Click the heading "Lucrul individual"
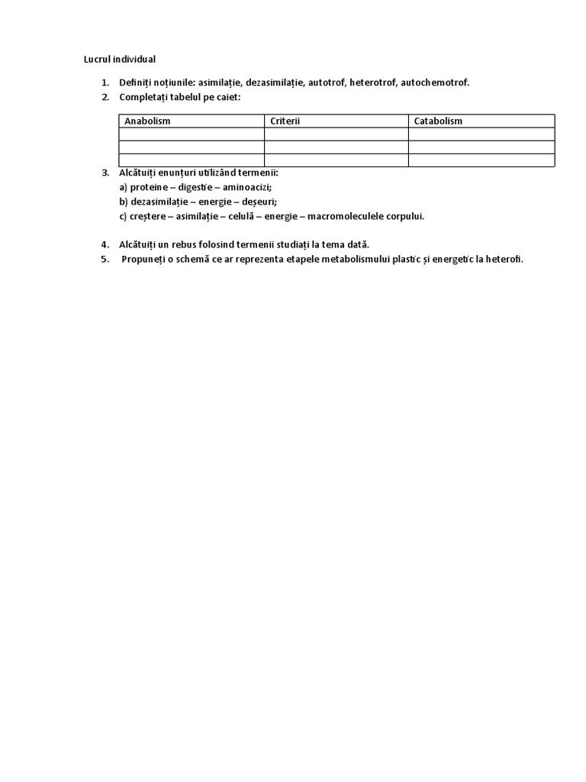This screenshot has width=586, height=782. (119, 59)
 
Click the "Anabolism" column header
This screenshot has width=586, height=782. (147, 121)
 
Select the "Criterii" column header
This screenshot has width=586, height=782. (285, 121)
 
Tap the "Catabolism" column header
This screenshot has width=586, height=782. (438, 121)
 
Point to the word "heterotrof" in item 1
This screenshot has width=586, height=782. (372, 82)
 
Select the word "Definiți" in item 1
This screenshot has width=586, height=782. (136, 82)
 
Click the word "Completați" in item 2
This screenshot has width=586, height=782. (145, 97)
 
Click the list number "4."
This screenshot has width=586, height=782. (105, 244)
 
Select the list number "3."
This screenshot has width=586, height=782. (105, 173)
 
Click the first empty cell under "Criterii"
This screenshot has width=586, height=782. (336, 134)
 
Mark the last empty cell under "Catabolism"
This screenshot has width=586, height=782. (481, 160)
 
